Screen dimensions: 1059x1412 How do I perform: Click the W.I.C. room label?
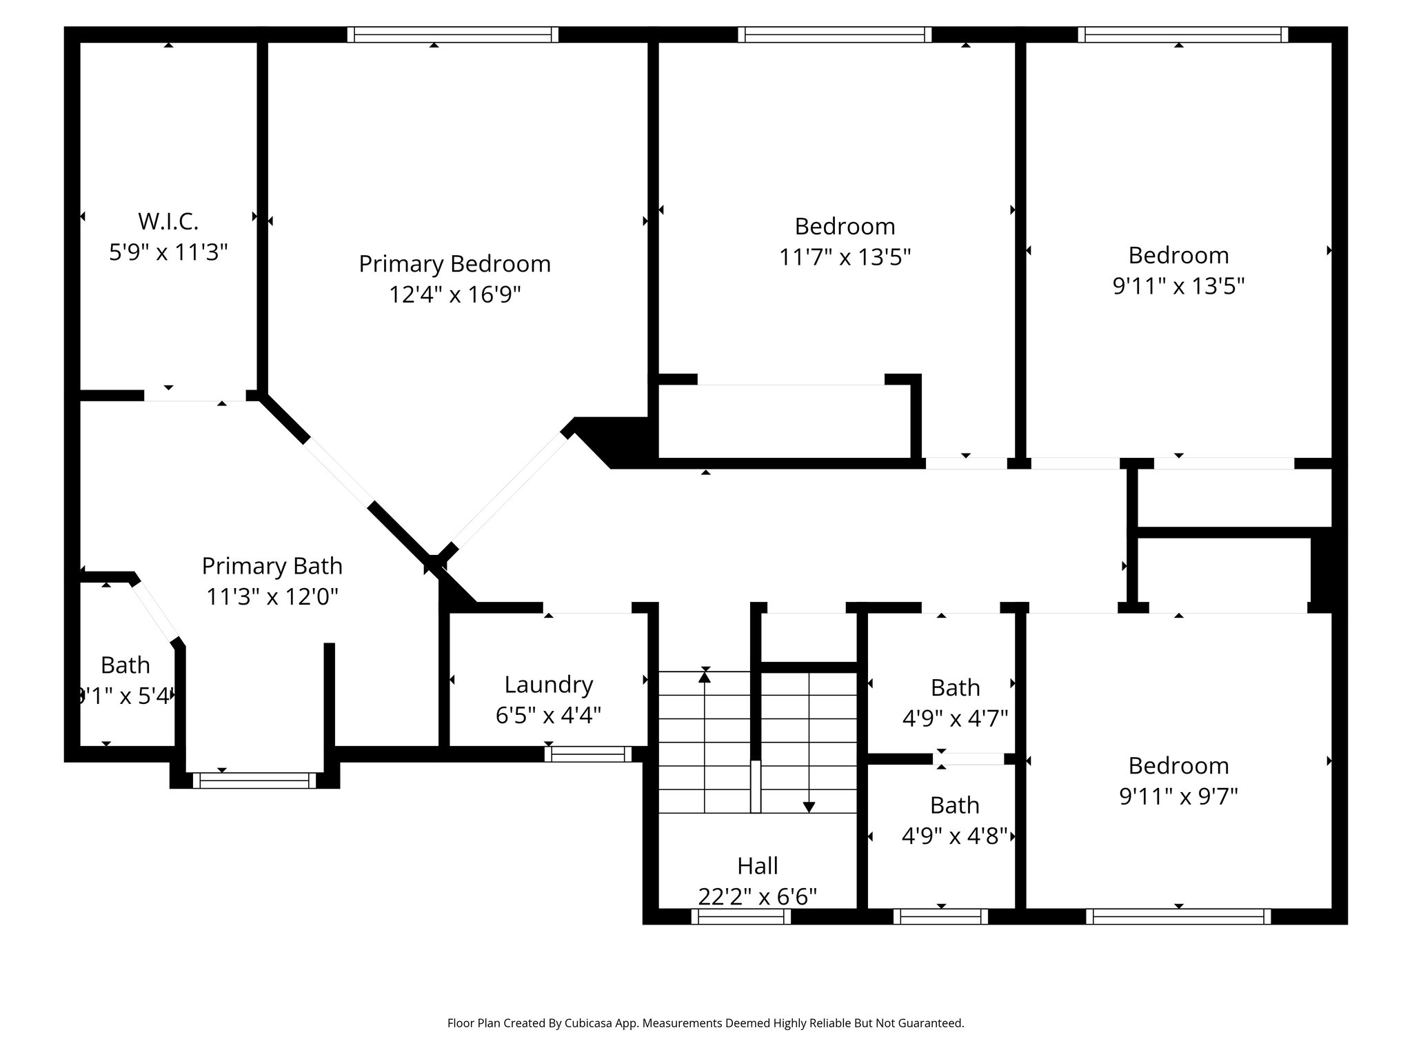(x=168, y=221)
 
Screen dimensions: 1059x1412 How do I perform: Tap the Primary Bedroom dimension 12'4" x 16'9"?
(x=454, y=295)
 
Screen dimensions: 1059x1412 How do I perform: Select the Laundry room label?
(x=548, y=685)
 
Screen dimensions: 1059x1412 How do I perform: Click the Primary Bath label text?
(x=272, y=566)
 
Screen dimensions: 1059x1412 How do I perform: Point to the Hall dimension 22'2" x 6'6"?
(x=757, y=896)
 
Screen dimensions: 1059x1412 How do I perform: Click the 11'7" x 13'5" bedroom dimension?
(x=845, y=258)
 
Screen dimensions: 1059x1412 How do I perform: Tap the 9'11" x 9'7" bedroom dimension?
(x=1178, y=797)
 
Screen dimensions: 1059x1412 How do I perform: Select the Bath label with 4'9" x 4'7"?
(x=955, y=688)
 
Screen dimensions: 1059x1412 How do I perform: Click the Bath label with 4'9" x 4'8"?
(x=954, y=805)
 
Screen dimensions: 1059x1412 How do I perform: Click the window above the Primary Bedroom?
(x=452, y=35)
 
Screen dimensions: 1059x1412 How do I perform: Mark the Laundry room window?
(x=588, y=754)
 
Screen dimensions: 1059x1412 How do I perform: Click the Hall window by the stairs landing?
(x=741, y=916)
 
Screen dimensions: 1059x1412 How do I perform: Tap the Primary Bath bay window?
(x=254, y=780)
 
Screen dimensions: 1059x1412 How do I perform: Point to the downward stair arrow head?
(x=809, y=807)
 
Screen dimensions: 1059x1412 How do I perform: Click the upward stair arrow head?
(x=704, y=678)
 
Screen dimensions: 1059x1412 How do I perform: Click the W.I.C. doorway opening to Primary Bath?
(x=194, y=396)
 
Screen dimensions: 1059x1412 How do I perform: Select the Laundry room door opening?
(x=587, y=608)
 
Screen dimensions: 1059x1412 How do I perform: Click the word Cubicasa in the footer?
(x=590, y=1023)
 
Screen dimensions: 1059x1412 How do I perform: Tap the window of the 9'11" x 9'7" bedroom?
(x=1178, y=916)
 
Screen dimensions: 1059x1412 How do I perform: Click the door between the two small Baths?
(x=969, y=759)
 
